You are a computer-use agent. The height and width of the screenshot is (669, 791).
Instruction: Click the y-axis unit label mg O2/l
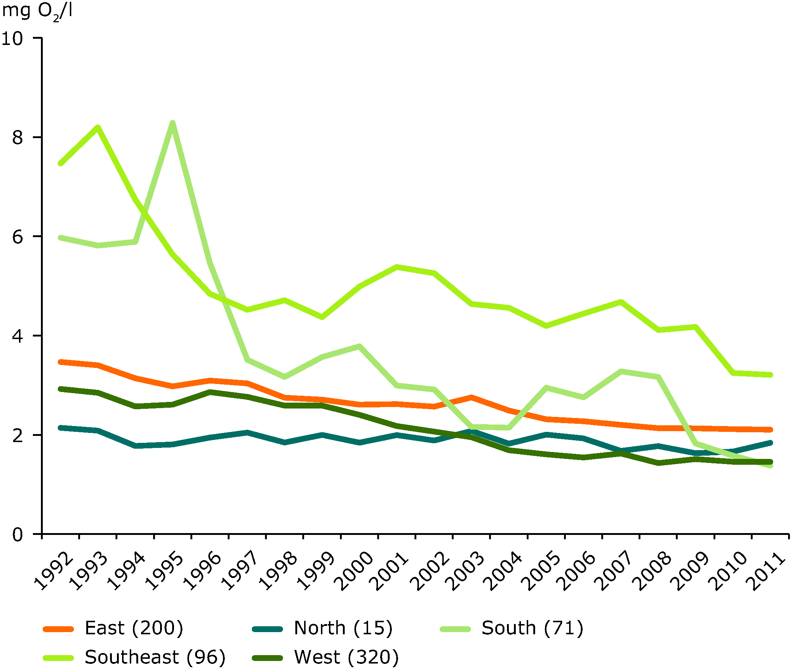pyautogui.click(x=37, y=11)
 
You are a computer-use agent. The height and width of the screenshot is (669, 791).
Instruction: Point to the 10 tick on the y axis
pyautogui.click(x=12, y=38)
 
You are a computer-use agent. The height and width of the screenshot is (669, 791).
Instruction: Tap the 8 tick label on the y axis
pyautogui.click(x=18, y=137)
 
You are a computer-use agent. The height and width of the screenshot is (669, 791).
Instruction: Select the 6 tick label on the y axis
pyautogui.click(x=18, y=237)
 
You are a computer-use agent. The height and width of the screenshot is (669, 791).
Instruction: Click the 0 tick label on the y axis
pyautogui.click(x=18, y=535)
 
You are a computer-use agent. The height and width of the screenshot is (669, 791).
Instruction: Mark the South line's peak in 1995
pyautogui.click(x=173, y=123)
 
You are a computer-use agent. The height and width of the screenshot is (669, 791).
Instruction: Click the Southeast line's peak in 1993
pyautogui.click(x=98, y=127)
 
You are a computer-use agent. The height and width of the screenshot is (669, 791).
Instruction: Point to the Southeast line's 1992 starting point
pyautogui.click(x=60, y=163)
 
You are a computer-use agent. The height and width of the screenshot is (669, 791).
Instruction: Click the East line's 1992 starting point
pyautogui.click(x=60, y=362)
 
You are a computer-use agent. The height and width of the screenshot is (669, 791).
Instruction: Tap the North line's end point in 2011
pyautogui.click(x=770, y=442)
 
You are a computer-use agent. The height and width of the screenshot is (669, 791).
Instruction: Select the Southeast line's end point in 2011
pyautogui.click(x=770, y=375)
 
